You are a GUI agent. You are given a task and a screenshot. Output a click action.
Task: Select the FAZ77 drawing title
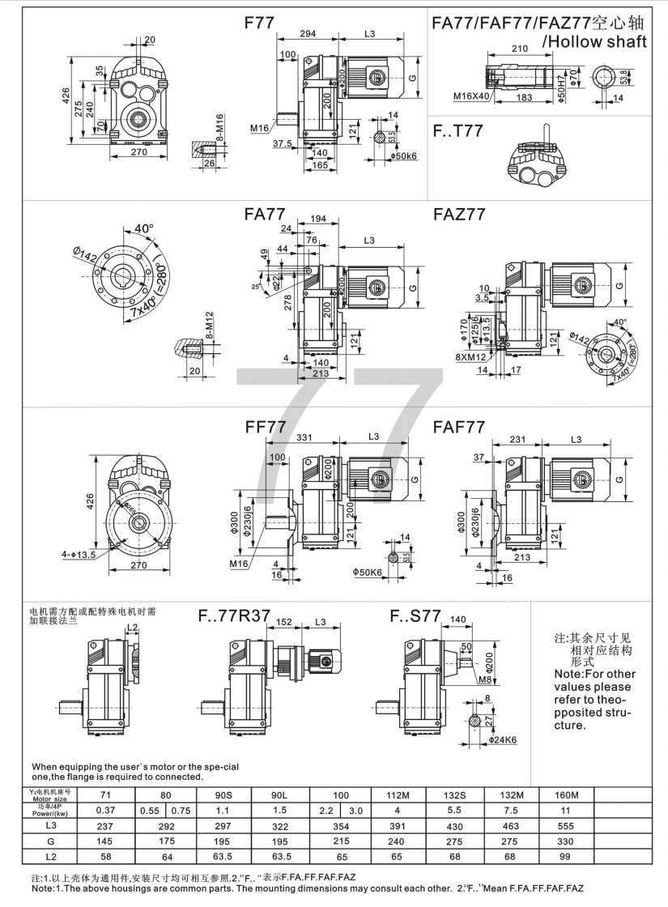tap(459, 215)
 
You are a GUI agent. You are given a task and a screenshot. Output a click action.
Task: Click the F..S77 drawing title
tap(415, 616)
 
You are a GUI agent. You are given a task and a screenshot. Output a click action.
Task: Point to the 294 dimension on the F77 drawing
tap(308, 34)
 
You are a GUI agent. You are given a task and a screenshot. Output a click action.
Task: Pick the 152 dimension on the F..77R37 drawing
tap(284, 622)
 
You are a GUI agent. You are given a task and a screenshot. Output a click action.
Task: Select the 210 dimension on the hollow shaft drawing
tap(520, 49)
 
